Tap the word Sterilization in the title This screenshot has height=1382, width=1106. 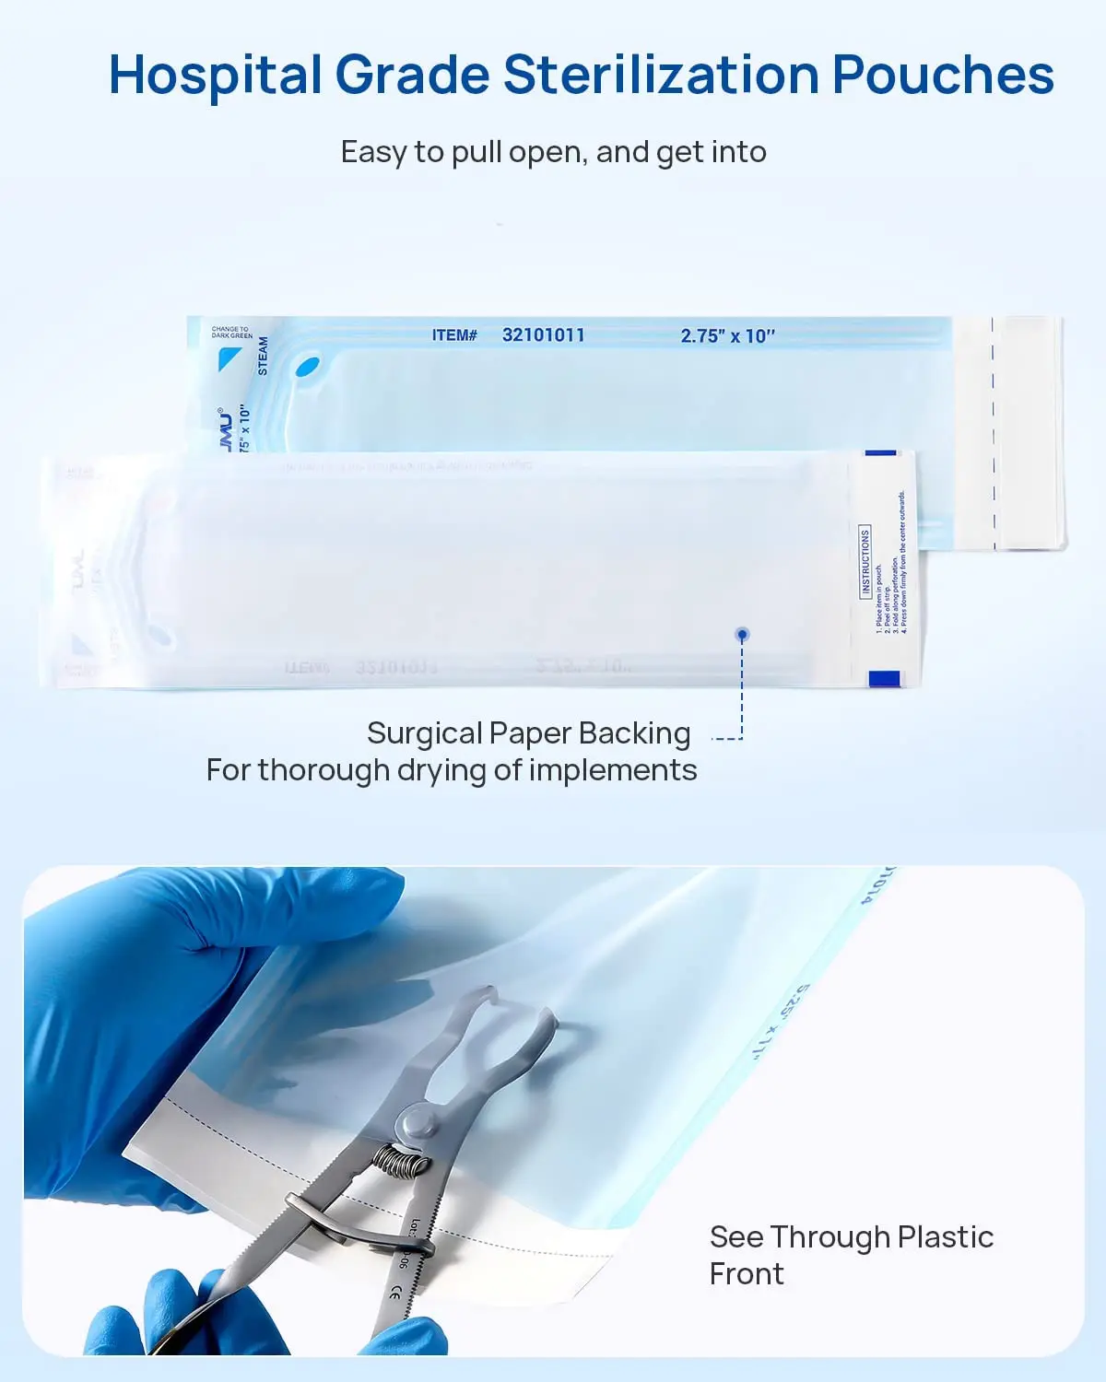[x=661, y=76]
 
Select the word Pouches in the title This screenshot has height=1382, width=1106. [x=943, y=76]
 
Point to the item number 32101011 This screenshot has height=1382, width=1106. [x=543, y=335]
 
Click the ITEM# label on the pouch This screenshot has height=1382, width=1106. [x=454, y=335]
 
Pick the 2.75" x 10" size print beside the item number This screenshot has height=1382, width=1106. [x=727, y=336]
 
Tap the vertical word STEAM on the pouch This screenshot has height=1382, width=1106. [x=263, y=356]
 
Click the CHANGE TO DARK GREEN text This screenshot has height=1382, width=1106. [x=231, y=332]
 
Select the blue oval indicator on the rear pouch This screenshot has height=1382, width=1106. [x=307, y=369]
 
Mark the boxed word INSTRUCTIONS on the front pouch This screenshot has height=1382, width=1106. [x=865, y=562]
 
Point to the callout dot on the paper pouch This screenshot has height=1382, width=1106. [x=742, y=634]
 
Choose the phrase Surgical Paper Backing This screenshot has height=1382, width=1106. [x=528, y=733]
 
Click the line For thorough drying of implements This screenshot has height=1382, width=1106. [x=452, y=770]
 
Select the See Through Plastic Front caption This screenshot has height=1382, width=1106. [x=851, y=1255]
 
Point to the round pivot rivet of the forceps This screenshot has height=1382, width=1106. [x=418, y=1123]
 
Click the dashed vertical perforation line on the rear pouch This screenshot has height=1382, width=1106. [x=994, y=433]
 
